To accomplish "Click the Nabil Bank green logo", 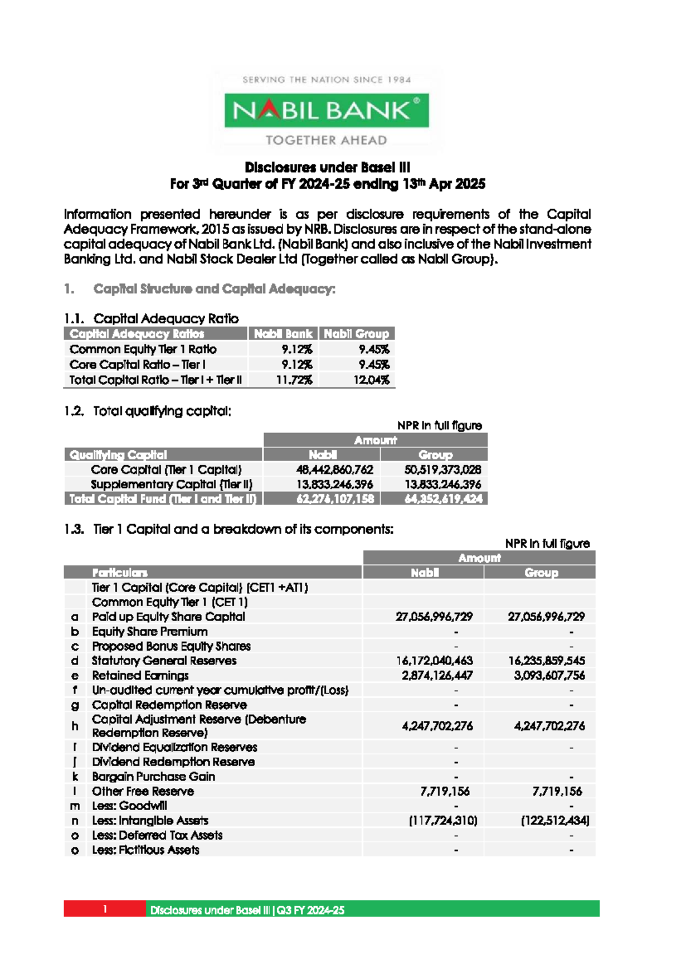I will tap(326, 110).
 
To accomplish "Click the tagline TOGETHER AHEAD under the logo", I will tap(326, 140).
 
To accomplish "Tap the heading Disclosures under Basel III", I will tap(327, 167).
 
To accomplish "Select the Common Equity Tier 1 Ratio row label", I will tap(143, 349).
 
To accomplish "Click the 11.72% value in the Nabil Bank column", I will tap(294, 379).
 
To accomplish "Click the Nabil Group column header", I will tap(356, 334).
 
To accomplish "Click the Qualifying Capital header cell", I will tap(118, 455).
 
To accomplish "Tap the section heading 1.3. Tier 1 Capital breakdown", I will tap(229, 529).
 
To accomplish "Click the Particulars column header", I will tap(120, 572).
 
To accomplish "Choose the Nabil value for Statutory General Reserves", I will tap(434, 660).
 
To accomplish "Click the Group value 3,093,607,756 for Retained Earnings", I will tap(549, 675).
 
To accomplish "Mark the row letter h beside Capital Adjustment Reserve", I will tap(75, 726).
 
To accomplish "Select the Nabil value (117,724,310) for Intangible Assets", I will tap(443, 820).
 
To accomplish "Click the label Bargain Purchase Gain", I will tap(153, 776).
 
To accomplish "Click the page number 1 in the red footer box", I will tap(105, 908).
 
